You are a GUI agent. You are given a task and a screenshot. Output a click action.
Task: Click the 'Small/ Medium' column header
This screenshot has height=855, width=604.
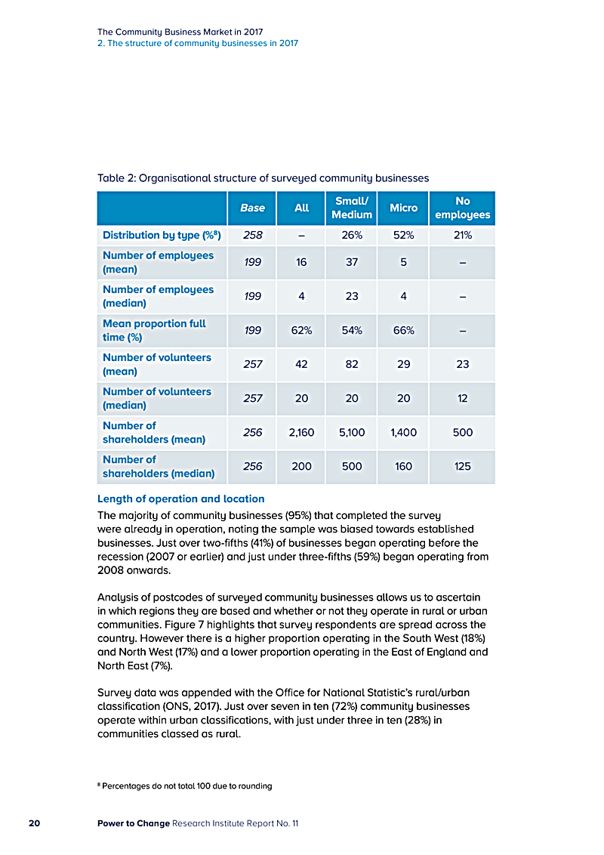click(x=352, y=208)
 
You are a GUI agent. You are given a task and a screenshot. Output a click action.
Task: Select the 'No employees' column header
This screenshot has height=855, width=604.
click(x=462, y=208)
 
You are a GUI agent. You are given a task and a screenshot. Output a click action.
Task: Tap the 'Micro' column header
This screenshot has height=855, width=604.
click(x=403, y=208)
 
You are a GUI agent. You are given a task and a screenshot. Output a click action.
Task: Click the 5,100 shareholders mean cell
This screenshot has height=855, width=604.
click(x=352, y=433)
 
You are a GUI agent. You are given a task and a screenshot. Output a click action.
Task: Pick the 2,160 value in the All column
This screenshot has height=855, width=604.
click(x=301, y=433)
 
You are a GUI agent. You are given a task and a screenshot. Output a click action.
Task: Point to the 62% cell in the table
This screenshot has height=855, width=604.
click(x=301, y=331)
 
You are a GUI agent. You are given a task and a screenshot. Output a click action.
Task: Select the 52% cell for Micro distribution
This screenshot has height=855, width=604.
click(x=403, y=235)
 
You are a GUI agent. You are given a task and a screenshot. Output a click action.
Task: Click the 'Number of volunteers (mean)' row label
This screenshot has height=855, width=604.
click(x=157, y=364)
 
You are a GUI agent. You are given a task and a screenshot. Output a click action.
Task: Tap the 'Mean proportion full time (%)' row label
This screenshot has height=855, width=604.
click(x=154, y=330)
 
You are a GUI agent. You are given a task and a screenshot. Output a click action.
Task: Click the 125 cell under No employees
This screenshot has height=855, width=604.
click(x=462, y=467)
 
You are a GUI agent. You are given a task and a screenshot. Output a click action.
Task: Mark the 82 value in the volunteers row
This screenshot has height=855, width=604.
click(x=352, y=364)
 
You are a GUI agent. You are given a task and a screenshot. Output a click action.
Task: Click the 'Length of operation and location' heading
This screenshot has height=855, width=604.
click(x=181, y=498)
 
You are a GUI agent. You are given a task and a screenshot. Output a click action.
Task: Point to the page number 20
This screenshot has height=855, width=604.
click(x=35, y=823)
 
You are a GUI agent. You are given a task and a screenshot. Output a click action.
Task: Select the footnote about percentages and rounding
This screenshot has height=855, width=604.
click(x=185, y=786)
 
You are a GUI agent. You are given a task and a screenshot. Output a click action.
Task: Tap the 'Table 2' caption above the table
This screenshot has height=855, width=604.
click(x=263, y=178)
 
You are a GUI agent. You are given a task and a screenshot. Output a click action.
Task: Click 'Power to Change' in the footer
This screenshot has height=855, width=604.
click(x=133, y=823)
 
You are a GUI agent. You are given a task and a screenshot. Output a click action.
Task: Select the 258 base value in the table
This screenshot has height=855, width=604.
click(x=252, y=235)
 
